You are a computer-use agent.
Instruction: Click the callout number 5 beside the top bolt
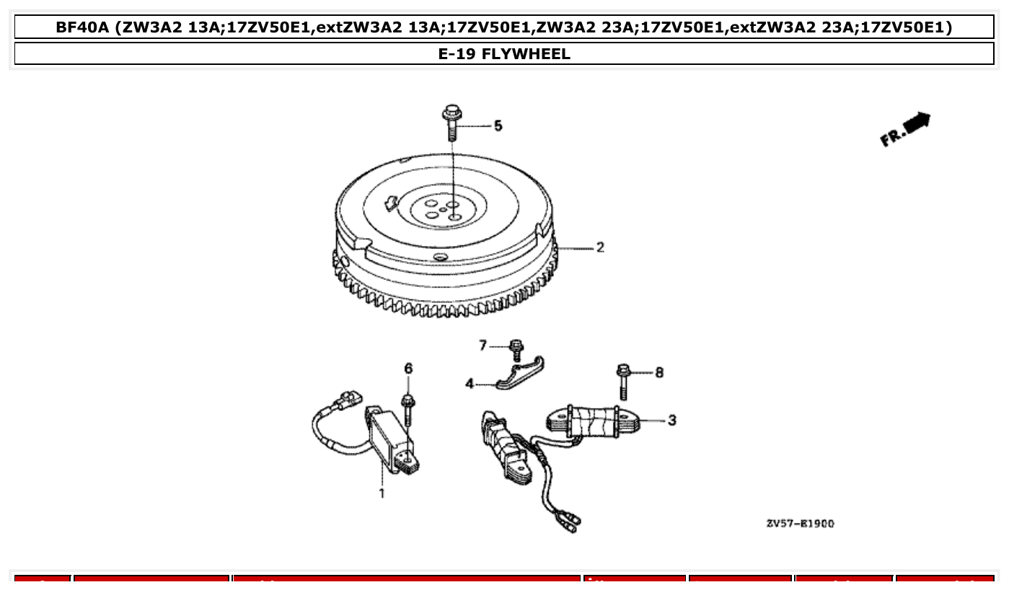click(x=498, y=126)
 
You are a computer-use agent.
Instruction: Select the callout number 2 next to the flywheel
click(x=599, y=247)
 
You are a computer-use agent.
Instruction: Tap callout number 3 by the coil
click(x=671, y=420)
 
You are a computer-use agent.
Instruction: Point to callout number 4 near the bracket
click(x=470, y=384)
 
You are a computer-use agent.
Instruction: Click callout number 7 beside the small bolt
click(x=483, y=346)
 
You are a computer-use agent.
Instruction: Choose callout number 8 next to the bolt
click(x=658, y=372)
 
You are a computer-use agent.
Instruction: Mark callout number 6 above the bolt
click(x=408, y=369)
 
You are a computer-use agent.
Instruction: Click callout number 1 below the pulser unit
click(x=382, y=493)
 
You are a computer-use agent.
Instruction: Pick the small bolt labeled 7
click(x=516, y=349)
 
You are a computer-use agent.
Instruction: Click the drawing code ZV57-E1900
click(x=800, y=524)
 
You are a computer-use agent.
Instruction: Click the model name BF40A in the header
click(x=82, y=27)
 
